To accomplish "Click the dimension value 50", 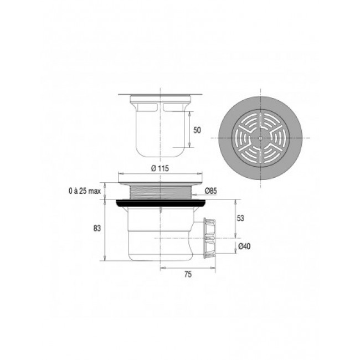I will coord(198,130).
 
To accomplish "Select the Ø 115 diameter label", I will coord(160,169).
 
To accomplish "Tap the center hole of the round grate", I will coord(260,137).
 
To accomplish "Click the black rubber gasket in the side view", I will coord(161,203).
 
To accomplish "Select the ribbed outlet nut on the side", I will coord(209,238).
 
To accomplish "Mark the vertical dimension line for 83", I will coord(105,230).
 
